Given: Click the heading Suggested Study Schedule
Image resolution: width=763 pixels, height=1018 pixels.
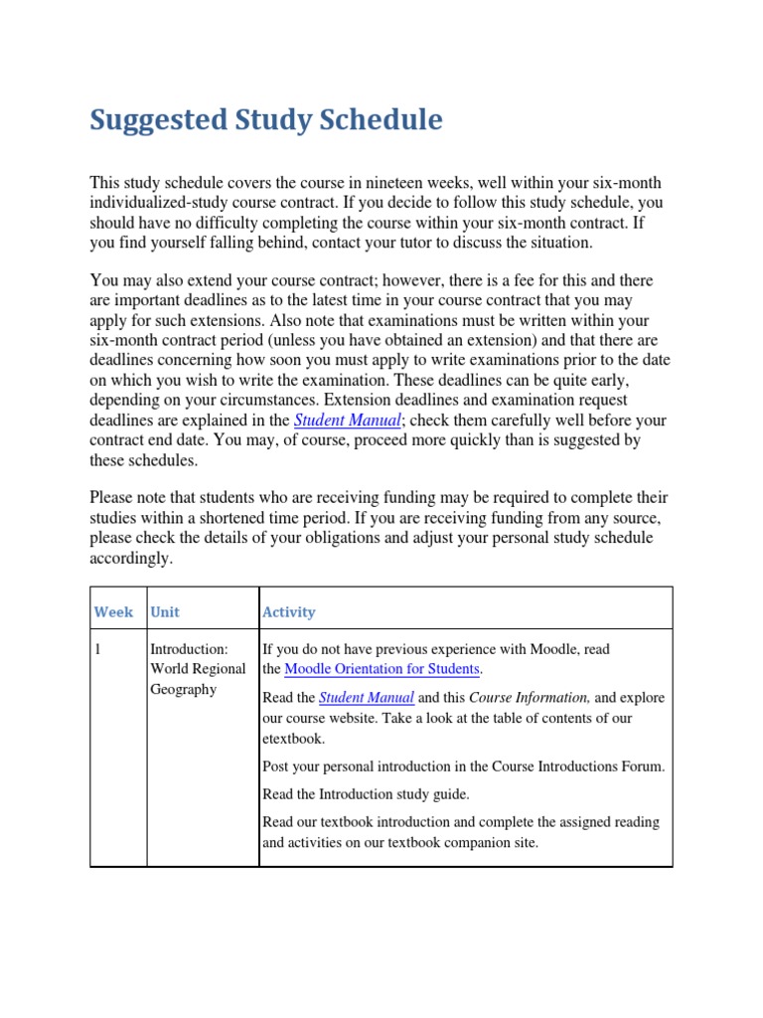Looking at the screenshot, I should (266, 120).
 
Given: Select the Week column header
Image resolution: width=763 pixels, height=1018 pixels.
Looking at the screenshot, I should (113, 612).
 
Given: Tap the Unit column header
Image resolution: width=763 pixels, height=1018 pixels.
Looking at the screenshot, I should (165, 612).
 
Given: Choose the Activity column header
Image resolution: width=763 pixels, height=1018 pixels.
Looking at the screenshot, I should (289, 612).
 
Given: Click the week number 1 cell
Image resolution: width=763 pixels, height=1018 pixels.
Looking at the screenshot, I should (98, 649).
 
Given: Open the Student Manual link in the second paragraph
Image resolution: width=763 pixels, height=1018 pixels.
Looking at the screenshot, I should (348, 420).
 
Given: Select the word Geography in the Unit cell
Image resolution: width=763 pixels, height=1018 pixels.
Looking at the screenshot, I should (183, 689).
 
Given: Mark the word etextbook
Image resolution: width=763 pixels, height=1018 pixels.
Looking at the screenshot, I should (295, 738).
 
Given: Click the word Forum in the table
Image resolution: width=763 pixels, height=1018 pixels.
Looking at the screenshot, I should (641, 766).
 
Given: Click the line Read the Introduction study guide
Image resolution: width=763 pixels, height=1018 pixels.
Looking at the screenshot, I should (364, 793).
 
